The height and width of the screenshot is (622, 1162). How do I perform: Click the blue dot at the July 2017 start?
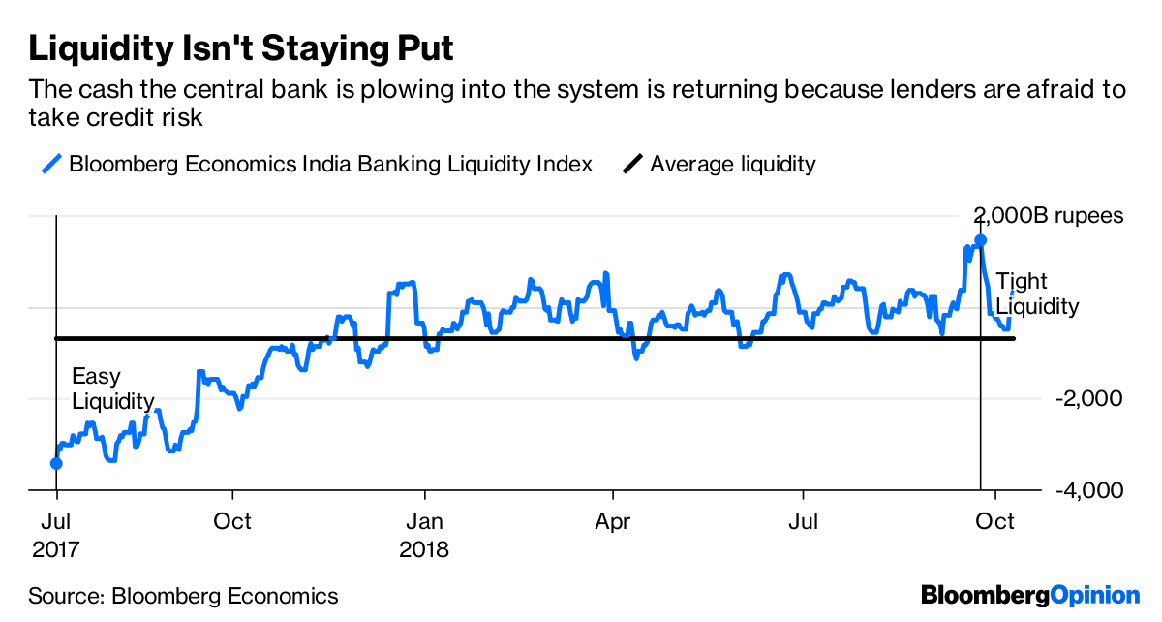[56, 463]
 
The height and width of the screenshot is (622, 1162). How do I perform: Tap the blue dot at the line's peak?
[980, 239]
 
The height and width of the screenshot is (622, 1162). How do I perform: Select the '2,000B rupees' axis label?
[1049, 215]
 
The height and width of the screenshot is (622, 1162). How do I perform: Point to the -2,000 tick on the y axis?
[1083, 399]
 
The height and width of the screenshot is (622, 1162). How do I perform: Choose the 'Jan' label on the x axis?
[423, 522]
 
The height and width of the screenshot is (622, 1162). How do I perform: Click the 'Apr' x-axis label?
[612, 522]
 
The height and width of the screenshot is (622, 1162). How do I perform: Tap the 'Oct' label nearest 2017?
[232, 522]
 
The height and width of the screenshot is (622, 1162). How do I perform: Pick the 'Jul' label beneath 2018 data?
[803, 522]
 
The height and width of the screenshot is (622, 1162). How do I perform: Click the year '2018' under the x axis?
[424, 550]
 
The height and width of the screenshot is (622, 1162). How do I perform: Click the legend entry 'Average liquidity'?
[733, 164]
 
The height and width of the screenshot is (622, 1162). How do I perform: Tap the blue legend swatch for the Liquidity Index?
[53, 164]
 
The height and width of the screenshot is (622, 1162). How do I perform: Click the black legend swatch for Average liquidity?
[632, 164]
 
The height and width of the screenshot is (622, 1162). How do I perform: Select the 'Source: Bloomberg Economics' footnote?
[183, 596]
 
